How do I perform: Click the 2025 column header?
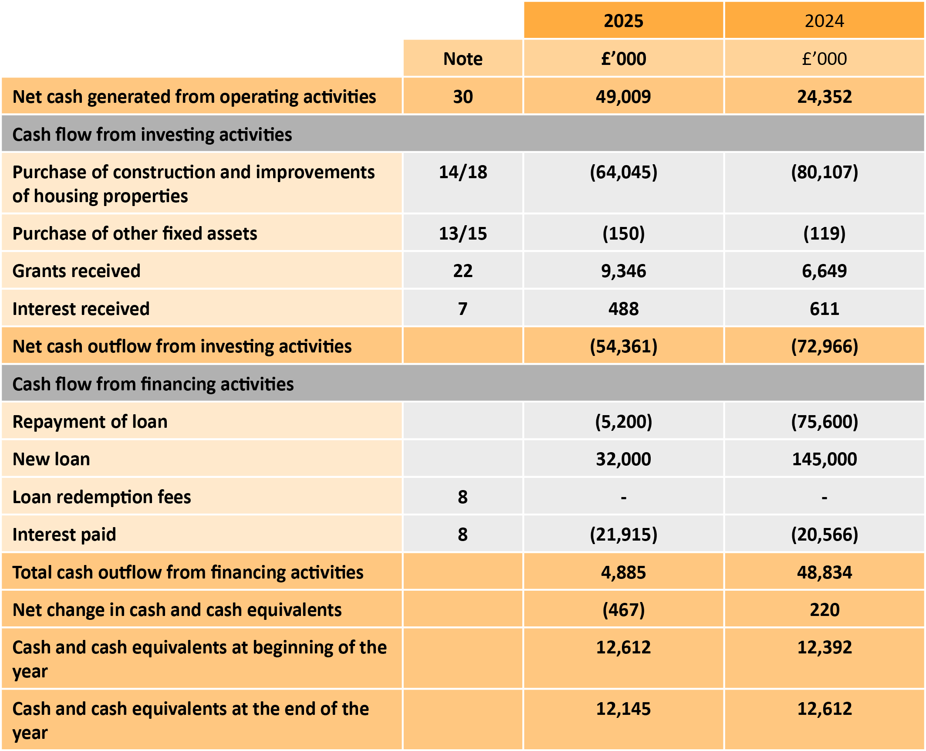[x=623, y=21]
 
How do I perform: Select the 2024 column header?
[x=824, y=21]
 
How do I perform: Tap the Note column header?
[x=463, y=59]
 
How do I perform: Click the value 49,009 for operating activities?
[x=623, y=97]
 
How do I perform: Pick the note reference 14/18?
[x=463, y=172]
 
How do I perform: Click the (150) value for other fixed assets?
[x=623, y=233]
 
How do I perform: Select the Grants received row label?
[x=77, y=271]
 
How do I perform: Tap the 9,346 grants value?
[x=623, y=271]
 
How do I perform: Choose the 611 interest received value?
[x=824, y=309]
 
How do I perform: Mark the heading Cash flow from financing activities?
[x=153, y=384]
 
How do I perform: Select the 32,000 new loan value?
[x=623, y=459]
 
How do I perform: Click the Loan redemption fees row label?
[x=101, y=497]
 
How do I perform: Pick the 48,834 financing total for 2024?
[x=824, y=572]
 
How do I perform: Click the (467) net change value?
[x=623, y=610]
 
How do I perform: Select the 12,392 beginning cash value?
[x=824, y=647]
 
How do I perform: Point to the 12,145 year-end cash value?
[x=623, y=709]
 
